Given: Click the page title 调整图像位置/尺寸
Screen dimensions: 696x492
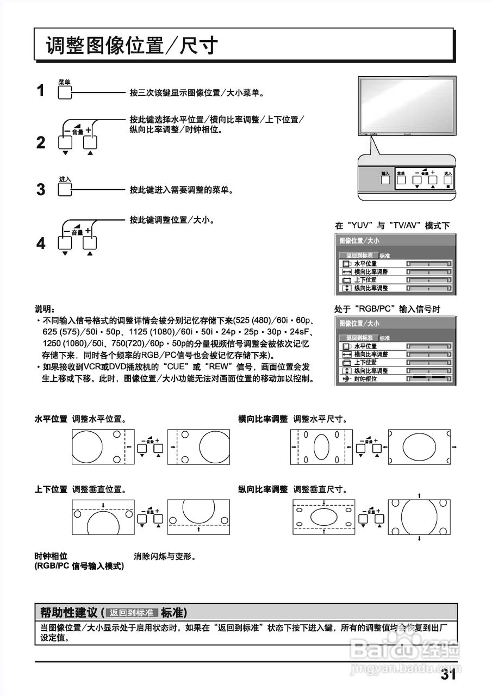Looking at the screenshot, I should (x=132, y=46).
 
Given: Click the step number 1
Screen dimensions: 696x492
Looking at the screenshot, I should (x=41, y=91).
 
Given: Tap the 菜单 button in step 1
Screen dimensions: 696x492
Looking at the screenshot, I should (x=64, y=92).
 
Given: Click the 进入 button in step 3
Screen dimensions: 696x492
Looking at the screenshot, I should (x=64, y=190).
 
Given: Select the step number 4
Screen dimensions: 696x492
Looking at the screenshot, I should (x=41, y=244).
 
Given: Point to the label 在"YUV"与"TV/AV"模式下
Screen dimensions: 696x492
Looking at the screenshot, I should (x=391, y=226).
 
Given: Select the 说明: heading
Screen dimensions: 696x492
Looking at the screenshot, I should (x=45, y=309).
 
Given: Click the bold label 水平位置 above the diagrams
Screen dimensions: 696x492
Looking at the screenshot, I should (x=51, y=419).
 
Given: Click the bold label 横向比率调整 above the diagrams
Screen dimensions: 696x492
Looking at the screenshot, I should (x=263, y=419).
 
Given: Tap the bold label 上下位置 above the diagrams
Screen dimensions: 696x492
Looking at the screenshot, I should (x=51, y=489).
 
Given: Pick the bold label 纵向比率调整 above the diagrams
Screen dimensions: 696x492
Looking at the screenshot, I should (x=263, y=489).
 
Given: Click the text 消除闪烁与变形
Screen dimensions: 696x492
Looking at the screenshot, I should (x=165, y=556).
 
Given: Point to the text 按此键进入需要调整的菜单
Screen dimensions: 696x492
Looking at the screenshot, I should (x=182, y=190).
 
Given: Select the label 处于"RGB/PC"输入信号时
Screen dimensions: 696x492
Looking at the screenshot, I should (x=387, y=309).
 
